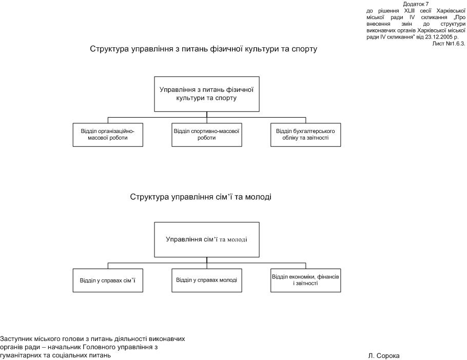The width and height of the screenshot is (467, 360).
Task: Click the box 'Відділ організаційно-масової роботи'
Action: [x=108, y=135]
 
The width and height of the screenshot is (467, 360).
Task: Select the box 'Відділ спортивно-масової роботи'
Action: [x=206, y=135]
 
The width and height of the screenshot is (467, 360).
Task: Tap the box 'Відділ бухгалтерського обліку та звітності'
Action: [x=305, y=135]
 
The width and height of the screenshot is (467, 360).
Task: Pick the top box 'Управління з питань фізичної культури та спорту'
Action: [x=206, y=93]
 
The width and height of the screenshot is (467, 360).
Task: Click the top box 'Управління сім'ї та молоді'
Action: [x=206, y=239]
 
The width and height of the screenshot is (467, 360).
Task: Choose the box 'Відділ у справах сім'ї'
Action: [x=108, y=280]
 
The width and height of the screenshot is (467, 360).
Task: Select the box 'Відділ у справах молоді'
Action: [x=206, y=280]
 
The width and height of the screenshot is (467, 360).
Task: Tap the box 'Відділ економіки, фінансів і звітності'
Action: [x=305, y=280]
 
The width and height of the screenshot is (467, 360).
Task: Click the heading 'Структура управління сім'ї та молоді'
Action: [x=201, y=197]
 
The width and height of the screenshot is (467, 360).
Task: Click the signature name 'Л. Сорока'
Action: [x=383, y=355]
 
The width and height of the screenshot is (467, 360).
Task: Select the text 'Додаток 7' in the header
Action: [x=416, y=4]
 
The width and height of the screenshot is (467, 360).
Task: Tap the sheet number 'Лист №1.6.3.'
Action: [x=449, y=44]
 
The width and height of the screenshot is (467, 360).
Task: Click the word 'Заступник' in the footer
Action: [x=16, y=339]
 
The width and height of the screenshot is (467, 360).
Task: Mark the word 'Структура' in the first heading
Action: [x=107, y=50]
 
